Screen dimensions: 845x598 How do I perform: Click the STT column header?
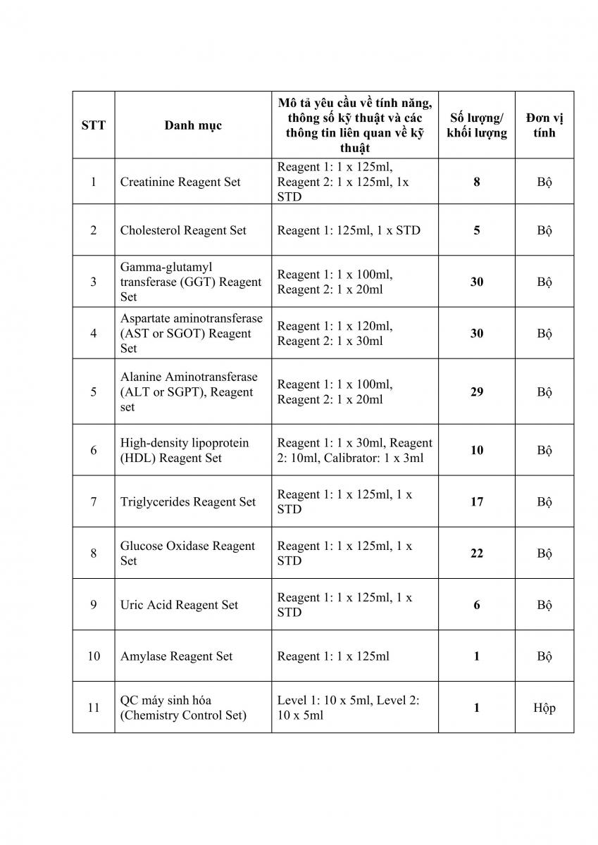(94, 125)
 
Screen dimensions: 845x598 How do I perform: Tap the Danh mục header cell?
(193, 125)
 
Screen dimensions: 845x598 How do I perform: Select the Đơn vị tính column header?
(544, 125)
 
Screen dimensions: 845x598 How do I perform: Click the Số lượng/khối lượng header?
(477, 125)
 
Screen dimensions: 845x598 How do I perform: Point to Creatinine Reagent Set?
(180, 182)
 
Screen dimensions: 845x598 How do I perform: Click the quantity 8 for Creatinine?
(477, 182)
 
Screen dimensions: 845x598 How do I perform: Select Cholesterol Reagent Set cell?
(183, 230)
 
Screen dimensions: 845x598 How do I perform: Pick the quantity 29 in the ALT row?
(477, 392)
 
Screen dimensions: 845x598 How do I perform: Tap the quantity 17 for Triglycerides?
(477, 502)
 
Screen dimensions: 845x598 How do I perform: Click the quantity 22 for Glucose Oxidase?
(477, 553)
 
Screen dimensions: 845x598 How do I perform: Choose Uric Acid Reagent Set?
(179, 605)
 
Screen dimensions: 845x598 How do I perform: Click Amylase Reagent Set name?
(176, 656)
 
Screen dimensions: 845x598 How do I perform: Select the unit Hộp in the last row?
(544, 708)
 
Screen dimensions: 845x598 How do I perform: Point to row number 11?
(94, 708)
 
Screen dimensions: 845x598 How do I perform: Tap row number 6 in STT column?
(94, 450)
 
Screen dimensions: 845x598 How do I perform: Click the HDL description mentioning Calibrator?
(354, 450)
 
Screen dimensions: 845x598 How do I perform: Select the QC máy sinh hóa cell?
(183, 708)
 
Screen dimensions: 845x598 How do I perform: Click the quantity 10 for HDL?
(477, 450)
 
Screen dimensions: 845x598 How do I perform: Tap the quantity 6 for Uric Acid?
(477, 605)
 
